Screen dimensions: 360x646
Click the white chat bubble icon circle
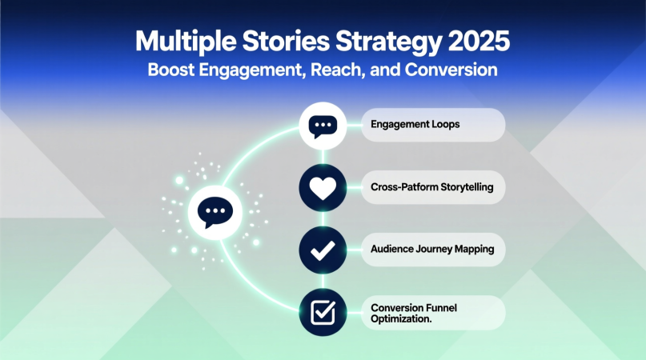pos(323,126)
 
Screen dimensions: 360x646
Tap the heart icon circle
pos(323,187)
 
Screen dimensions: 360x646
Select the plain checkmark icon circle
pos(323,249)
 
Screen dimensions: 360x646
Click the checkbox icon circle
pos(323,312)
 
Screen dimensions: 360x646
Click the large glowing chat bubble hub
pos(213,212)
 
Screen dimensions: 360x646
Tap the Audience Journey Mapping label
pos(433,249)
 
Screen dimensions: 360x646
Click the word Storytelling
pos(468,187)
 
